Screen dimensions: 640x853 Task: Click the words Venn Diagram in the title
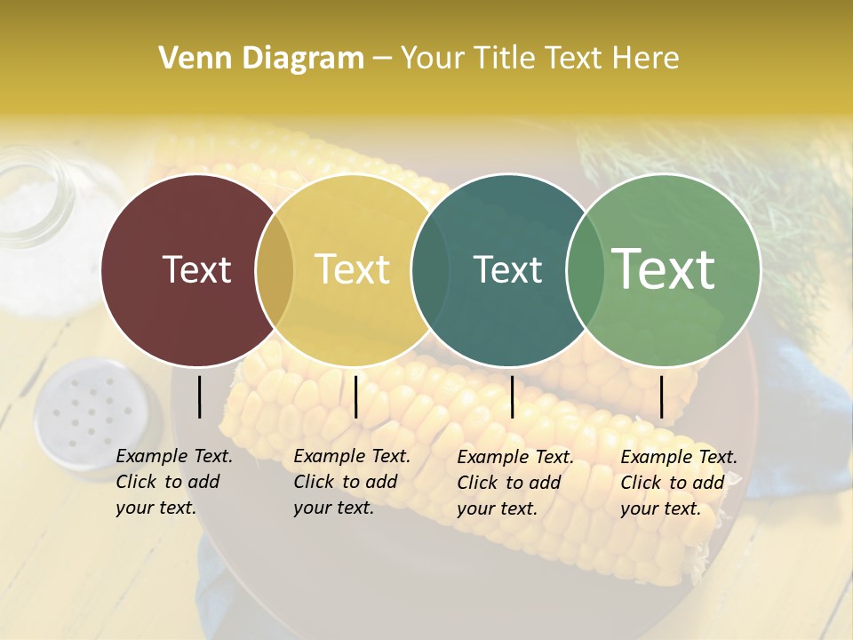[x=261, y=59]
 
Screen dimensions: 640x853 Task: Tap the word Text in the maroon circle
[x=196, y=269]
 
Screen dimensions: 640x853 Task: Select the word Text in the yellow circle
[x=353, y=269]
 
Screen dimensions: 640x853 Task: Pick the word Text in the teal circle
[x=507, y=269]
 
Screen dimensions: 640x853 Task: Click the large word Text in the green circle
[x=664, y=269]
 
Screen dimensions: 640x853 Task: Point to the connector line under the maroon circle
[x=199, y=396]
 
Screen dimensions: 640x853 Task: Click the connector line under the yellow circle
[x=355, y=396]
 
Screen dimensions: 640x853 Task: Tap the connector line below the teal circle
[x=512, y=396]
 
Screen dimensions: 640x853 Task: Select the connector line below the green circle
[x=661, y=396]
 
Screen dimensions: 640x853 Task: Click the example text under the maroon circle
[x=173, y=482]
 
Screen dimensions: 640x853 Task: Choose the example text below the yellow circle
[x=351, y=482]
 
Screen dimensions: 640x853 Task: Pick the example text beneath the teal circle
[x=514, y=483]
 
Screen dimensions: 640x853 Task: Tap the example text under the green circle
[x=678, y=483]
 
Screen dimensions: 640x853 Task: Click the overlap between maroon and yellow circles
[x=275, y=270]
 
